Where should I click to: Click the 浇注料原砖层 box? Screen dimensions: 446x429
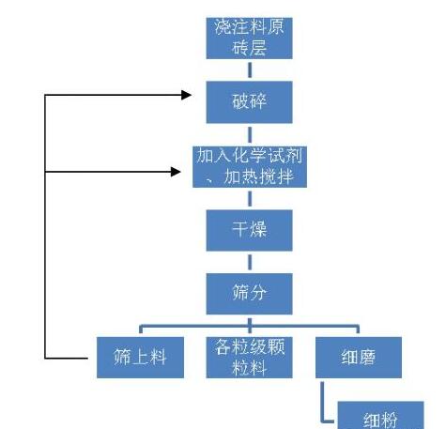[249, 38]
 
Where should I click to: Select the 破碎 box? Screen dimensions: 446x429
[249, 102]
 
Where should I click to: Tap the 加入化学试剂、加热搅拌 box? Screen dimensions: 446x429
[250, 167]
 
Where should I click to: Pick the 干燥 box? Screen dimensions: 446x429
[249, 230]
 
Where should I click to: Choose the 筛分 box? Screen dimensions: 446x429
[249, 294]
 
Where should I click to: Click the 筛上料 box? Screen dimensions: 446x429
[140, 358]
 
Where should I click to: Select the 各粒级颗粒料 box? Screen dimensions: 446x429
[249, 358]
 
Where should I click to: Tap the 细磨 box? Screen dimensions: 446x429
[359, 358]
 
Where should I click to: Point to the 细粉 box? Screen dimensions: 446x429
[380, 415]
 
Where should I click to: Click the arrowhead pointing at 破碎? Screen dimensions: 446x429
[187, 95]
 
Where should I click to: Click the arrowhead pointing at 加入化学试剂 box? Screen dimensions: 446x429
[176, 172]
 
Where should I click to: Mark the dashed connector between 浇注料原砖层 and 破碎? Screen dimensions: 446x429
[250, 70]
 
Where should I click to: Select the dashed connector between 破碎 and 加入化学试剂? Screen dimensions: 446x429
[250, 135]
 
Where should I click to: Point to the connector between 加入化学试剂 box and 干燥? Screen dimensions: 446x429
[250, 199]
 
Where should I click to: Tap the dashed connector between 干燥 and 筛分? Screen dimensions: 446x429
[250, 262]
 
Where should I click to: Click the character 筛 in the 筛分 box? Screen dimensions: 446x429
[240, 293]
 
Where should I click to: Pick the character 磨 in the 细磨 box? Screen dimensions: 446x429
[367, 358]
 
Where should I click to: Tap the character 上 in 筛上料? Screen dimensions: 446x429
[140, 358]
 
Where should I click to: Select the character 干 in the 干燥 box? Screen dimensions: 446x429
[240, 229]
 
